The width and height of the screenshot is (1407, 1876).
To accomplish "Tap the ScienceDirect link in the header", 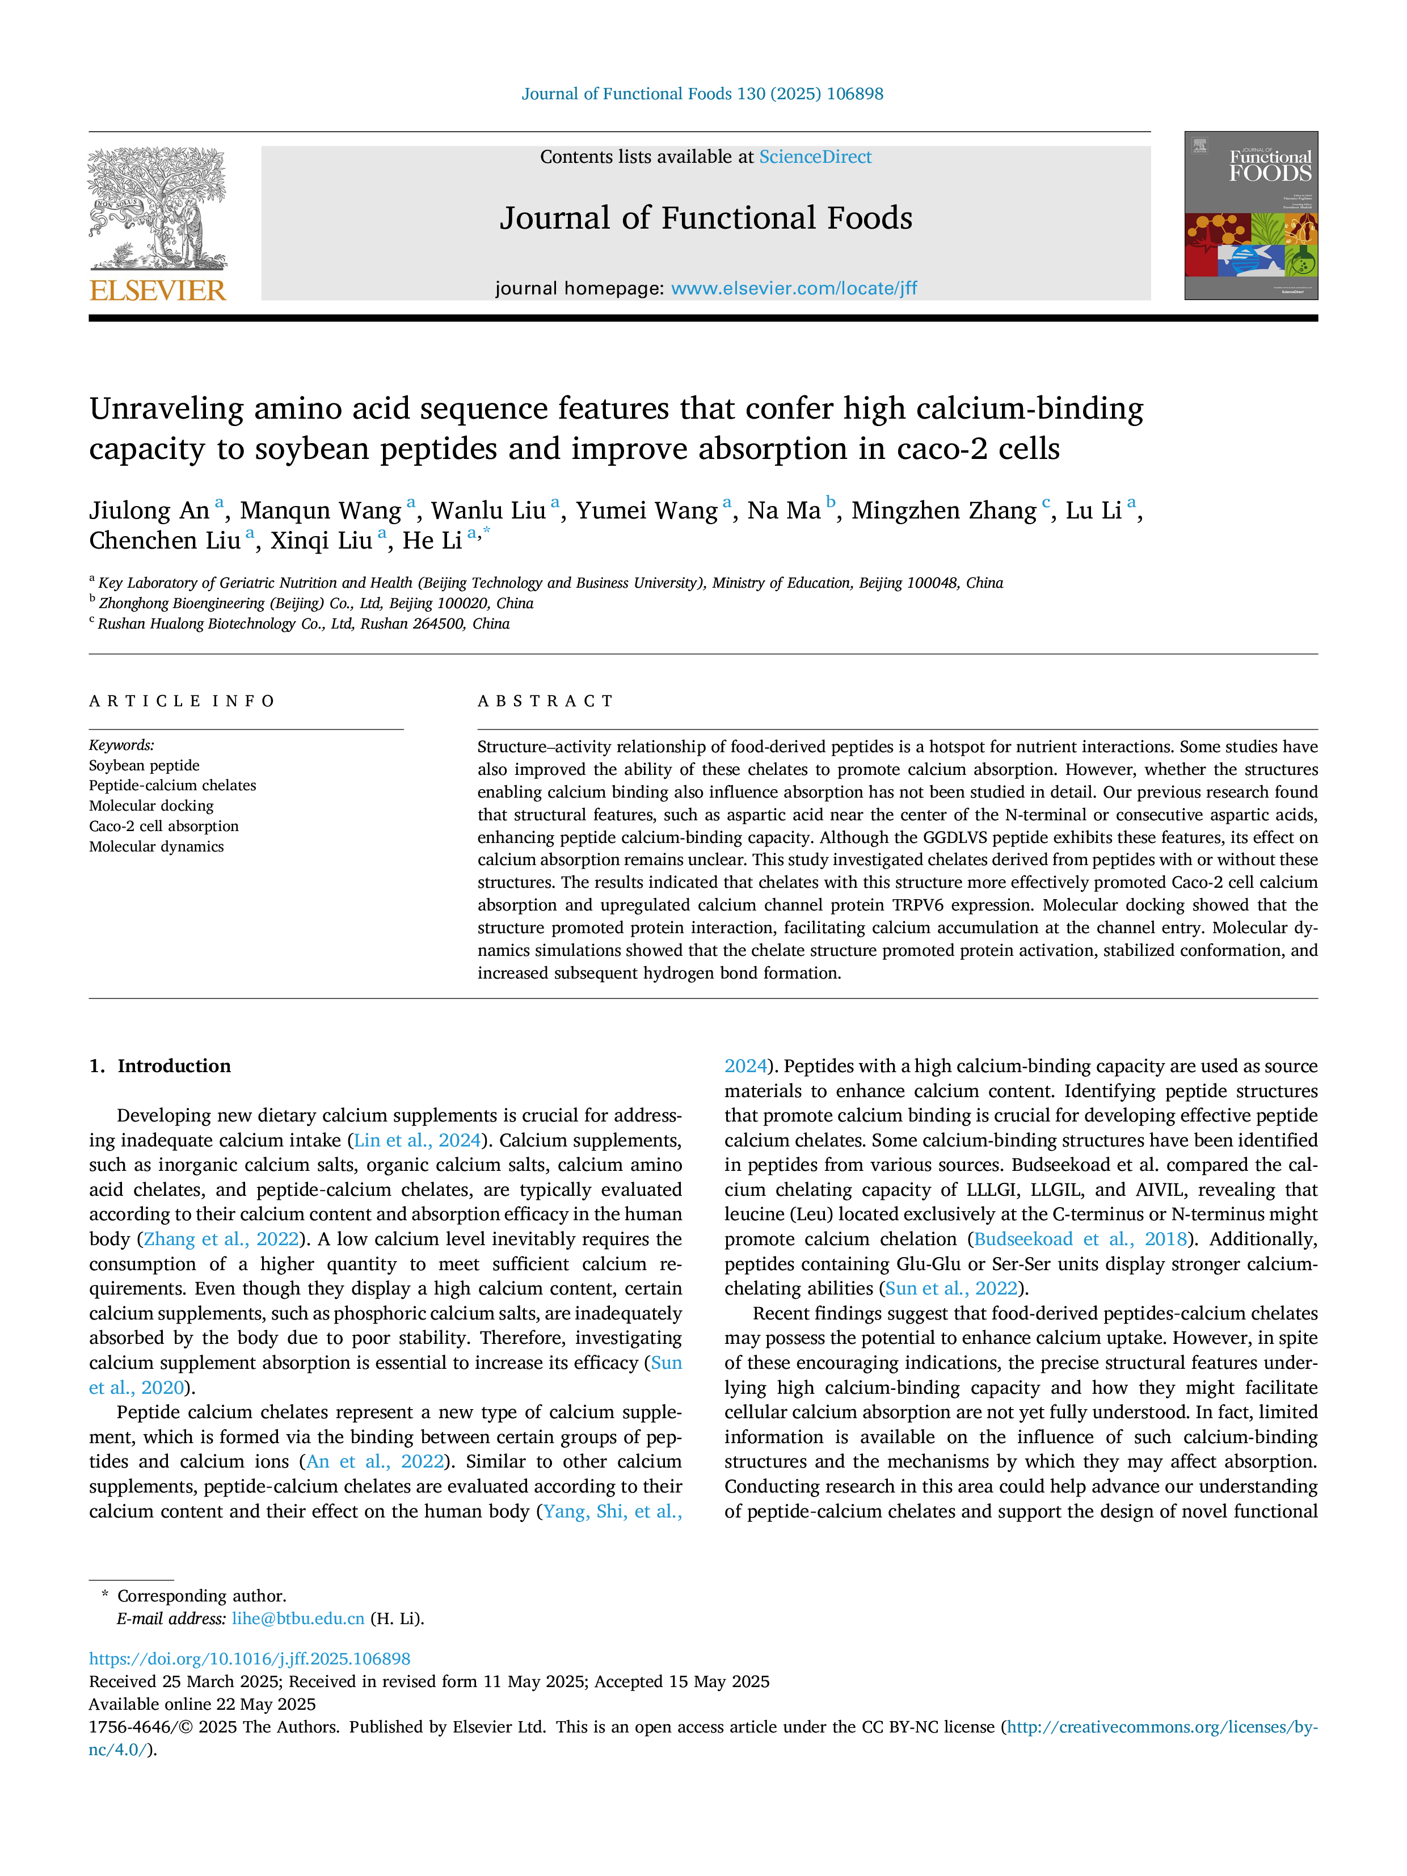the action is point(815,157).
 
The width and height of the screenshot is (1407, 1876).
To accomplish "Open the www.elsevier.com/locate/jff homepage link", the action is point(794,288).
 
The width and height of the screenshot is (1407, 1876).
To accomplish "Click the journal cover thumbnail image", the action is point(1251,216).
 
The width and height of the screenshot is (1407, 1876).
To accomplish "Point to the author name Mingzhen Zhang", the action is point(944,511).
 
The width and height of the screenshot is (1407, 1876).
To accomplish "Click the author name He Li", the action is point(432,540).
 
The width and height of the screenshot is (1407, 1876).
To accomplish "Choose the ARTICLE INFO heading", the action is point(182,701).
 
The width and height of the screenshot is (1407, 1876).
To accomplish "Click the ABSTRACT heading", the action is point(545,701).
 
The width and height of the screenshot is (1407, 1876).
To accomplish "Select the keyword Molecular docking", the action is point(151,806).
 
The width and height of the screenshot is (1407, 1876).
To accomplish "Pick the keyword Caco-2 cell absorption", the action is point(164,826).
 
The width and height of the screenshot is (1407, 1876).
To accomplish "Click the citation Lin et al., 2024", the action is point(417,1141).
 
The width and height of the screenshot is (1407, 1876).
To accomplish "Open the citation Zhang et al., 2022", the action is point(221,1239).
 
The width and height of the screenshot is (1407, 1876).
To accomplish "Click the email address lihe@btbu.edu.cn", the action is point(298,1618).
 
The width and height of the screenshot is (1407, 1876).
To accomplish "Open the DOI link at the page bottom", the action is point(249,1659).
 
